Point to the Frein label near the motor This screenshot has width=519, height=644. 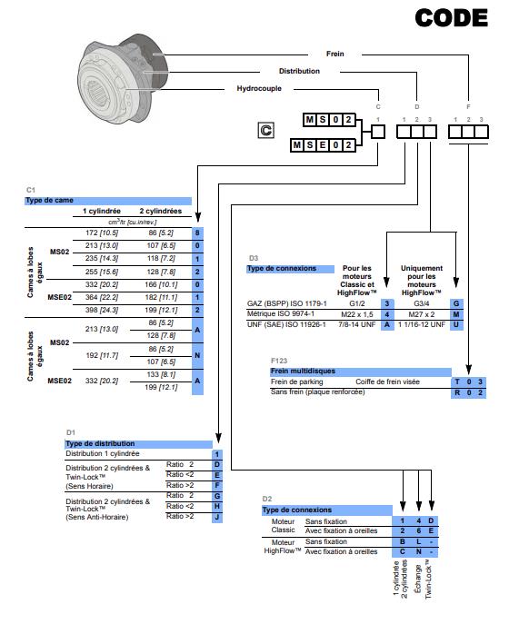pyautogui.click(x=334, y=54)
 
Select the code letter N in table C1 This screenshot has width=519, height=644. pyautogui.click(x=196, y=354)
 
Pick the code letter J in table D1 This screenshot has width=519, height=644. pyautogui.click(x=217, y=517)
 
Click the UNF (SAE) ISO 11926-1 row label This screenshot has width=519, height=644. pyautogui.click(x=289, y=324)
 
